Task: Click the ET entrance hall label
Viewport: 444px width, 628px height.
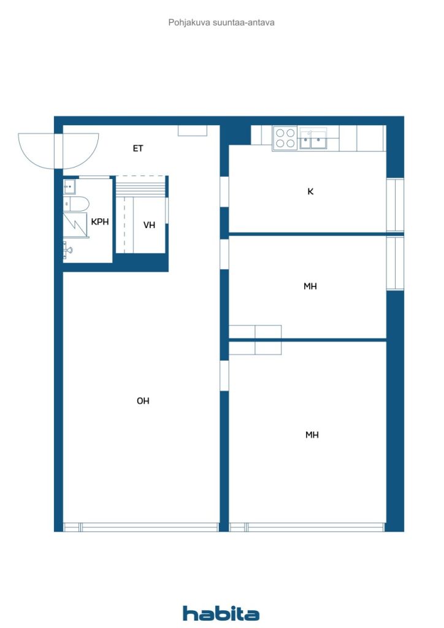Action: (x=138, y=148)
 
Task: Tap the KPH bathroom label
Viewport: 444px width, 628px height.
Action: (x=100, y=222)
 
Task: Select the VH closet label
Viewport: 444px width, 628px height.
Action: (x=149, y=225)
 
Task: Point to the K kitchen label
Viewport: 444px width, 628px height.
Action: (x=310, y=191)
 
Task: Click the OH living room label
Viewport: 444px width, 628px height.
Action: (x=143, y=401)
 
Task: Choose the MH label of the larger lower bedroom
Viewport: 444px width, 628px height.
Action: (x=312, y=435)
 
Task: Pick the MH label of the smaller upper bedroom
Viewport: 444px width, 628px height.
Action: (x=310, y=286)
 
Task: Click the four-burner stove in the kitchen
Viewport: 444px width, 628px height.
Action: (x=285, y=138)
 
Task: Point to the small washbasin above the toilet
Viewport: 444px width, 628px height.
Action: (x=69, y=185)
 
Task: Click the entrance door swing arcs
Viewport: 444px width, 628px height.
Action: (x=58, y=151)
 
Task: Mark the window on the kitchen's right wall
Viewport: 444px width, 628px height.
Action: (x=395, y=206)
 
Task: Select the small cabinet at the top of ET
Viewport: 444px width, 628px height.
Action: (x=193, y=131)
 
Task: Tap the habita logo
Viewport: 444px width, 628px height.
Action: (x=221, y=613)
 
